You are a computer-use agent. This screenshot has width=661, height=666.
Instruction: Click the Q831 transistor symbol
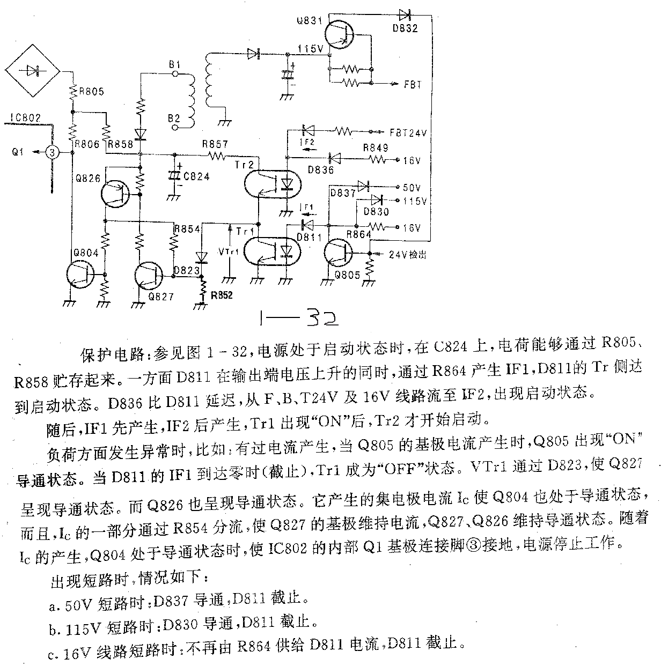pyautogui.click(x=339, y=34)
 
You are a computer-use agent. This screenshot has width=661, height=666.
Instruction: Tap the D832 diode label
pyautogui.click(x=405, y=28)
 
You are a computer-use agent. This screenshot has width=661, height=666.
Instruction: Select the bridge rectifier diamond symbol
pyautogui.click(x=32, y=71)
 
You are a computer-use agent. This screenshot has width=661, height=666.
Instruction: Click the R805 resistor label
pyautogui.click(x=91, y=92)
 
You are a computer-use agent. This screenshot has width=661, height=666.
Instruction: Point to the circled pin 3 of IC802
pyautogui.click(x=52, y=152)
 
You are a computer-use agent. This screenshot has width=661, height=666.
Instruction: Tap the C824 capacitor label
pyautogui.click(x=196, y=176)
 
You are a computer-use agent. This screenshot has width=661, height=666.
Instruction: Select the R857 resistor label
pyautogui.click(x=215, y=144)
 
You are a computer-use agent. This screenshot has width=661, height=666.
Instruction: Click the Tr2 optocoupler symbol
pyautogui.click(x=273, y=183)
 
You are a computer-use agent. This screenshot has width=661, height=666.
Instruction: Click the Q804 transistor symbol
pyautogui.click(x=80, y=275)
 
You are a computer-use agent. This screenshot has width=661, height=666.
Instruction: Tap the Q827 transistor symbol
pyautogui.click(x=149, y=276)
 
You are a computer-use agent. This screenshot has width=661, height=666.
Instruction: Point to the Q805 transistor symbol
pyautogui.click(x=339, y=253)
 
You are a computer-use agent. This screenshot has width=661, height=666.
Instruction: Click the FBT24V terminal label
pyautogui.click(x=408, y=133)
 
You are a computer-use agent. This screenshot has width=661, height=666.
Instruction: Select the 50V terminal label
pyautogui.click(x=412, y=188)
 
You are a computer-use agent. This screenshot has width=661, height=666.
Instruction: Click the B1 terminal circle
pyautogui.click(x=175, y=73)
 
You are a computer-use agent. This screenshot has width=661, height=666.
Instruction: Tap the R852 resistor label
pyautogui.click(x=222, y=295)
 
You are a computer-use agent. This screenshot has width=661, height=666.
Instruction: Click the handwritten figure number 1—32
pyautogui.click(x=299, y=318)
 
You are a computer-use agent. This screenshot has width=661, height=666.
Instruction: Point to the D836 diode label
pyautogui.click(x=321, y=170)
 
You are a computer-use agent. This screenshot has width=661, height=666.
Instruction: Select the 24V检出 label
pyautogui.click(x=407, y=255)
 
